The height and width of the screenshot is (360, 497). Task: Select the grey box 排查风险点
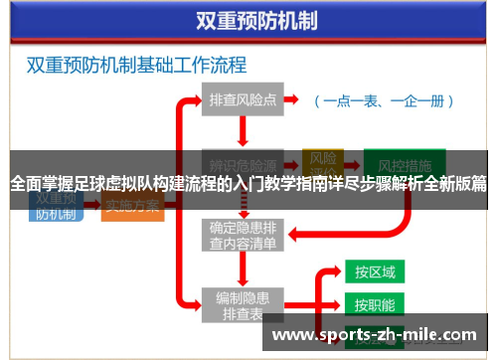[243, 100]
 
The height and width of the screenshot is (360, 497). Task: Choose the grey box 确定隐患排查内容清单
[243, 235]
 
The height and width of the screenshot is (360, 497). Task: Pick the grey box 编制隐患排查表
[243, 305]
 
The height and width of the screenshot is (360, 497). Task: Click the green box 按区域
[375, 271]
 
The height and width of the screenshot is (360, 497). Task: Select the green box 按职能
[375, 304]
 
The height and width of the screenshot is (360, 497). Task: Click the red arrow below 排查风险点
[243, 129]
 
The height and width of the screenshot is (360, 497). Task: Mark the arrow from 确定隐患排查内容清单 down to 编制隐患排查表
[243, 268]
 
